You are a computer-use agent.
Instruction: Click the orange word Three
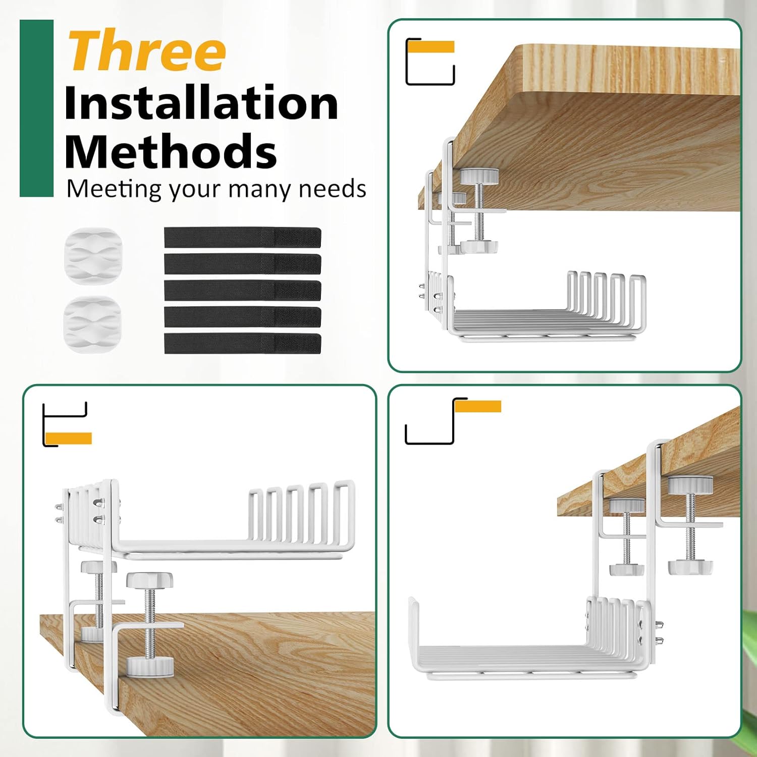point(147,50)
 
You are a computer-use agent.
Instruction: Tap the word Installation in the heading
point(201,103)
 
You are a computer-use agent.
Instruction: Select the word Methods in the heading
point(171,151)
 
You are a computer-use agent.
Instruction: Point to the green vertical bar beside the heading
point(36,108)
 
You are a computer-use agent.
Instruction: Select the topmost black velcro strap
point(242,237)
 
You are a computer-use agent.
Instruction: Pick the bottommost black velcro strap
point(242,343)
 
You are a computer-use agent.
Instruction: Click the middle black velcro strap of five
point(242,290)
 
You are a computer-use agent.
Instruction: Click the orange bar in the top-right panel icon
point(431,47)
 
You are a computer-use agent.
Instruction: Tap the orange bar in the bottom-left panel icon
point(68,438)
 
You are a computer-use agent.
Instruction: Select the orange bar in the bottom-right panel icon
point(478,406)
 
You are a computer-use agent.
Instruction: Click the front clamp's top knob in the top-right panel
point(479,176)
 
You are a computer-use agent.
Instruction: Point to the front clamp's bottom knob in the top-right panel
point(479,247)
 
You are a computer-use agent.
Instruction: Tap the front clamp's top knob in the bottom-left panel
point(149,579)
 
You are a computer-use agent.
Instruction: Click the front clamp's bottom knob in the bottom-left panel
point(150,667)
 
